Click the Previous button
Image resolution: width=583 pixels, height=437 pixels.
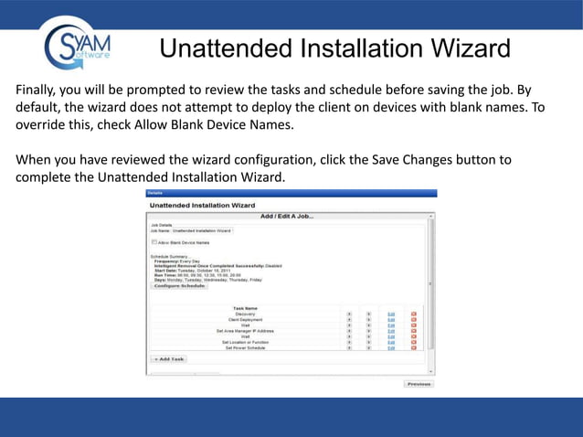pyautogui.click(x=418, y=384)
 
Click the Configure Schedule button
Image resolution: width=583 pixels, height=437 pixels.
pyautogui.click(x=179, y=286)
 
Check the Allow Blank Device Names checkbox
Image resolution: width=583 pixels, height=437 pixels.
pyautogui.click(x=154, y=242)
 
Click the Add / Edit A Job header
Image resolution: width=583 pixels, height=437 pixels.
pyautogui.click(x=287, y=216)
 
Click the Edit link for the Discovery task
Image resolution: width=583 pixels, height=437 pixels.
pyautogui.click(x=391, y=314)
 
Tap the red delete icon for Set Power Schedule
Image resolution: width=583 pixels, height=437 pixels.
pyautogui.click(x=413, y=348)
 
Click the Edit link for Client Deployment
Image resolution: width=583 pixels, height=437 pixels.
pyautogui.click(x=391, y=319)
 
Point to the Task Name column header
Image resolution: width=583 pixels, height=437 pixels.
pyautogui.click(x=245, y=308)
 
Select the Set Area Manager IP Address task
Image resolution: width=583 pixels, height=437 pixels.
pyautogui.click(x=245, y=331)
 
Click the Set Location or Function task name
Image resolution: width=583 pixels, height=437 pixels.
pyautogui.click(x=245, y=342)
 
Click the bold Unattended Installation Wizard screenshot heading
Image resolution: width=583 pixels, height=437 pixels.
pyautogui.click(x=202, y=206)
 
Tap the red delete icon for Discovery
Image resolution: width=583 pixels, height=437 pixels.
pyautogui.click(x=413, y=314)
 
